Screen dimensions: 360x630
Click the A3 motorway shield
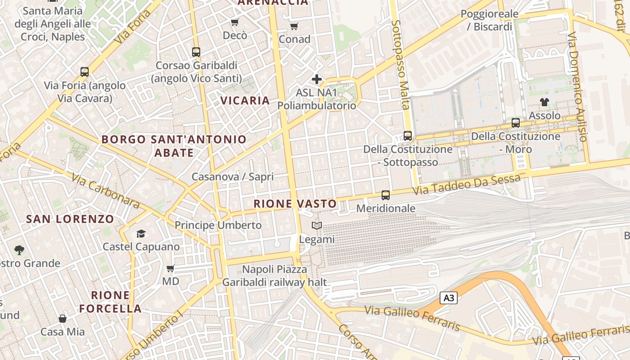coord(449,298)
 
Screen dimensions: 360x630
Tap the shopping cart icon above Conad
coord(294,26)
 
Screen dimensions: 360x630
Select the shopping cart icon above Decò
coord(234,22)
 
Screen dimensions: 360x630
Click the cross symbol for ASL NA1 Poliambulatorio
coord(317,80)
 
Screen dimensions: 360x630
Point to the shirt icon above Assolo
coord(544,102)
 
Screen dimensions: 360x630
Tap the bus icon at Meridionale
coord(386,195)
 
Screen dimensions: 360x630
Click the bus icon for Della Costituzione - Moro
coord(516,122)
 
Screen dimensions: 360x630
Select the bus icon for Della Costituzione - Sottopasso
coord(408,135)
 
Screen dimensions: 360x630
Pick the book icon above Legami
coord(317,226)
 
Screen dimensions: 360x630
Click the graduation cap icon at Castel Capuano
coord(141,234)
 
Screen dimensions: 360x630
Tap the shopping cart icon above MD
coord(171,269)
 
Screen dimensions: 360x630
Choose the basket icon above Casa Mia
coord(63,319)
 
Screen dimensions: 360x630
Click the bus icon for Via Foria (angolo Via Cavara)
coord(85,72)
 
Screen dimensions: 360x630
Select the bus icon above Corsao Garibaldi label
coord(196,52)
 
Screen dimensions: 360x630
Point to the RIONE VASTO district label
coord(295,204)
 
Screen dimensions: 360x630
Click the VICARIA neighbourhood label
coord(245,100)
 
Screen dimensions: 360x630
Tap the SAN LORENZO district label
coord(70,219)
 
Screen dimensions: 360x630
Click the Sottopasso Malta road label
coord(400,64)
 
